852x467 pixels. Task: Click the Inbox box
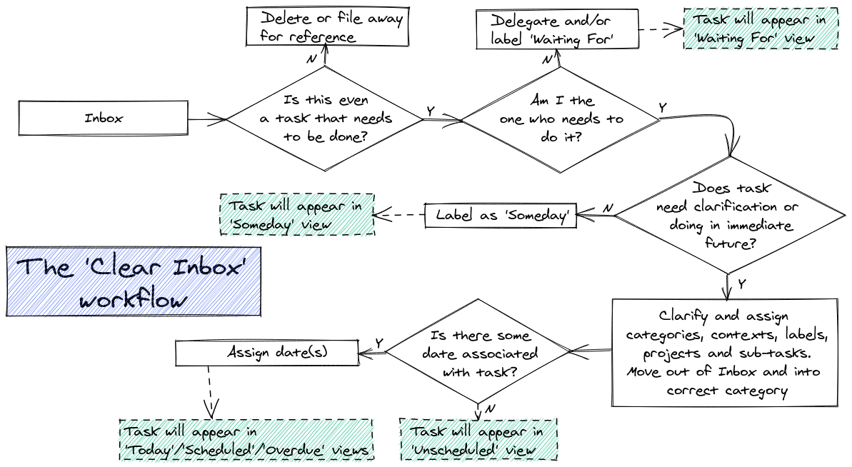coord(103,119)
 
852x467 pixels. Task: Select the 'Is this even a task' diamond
coord(326,119)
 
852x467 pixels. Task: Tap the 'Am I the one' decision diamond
coord(561,119)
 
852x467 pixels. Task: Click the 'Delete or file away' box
coord(326,27)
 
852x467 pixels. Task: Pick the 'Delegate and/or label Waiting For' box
coord(554,30)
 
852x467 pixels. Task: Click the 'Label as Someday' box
coord(501,215)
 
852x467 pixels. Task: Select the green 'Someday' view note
coord(296,215)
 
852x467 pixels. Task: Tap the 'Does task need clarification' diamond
coord(728,216)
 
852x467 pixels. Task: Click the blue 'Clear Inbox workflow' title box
coord(134,281)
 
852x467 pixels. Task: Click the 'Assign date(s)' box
coord(267,353)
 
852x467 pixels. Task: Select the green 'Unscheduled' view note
coord(478,440)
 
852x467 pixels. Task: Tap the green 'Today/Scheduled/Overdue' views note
coord(246,440)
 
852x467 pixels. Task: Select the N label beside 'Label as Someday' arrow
coord(608,207)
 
